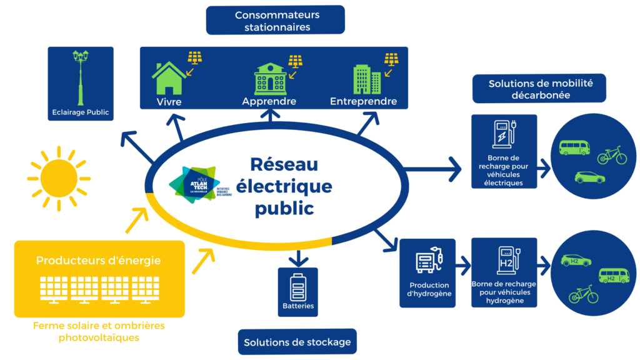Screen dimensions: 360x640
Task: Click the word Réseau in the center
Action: (x=284, y=164)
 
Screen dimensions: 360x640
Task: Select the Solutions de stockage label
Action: (x=297, y=342)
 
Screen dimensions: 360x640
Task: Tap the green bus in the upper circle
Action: (x=574, y=148)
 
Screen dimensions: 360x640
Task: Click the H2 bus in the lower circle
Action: (x=613, y=276)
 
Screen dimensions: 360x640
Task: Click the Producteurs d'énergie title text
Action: (x=98, y=260)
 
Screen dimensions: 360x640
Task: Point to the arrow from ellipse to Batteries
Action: (x=298, y=257)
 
